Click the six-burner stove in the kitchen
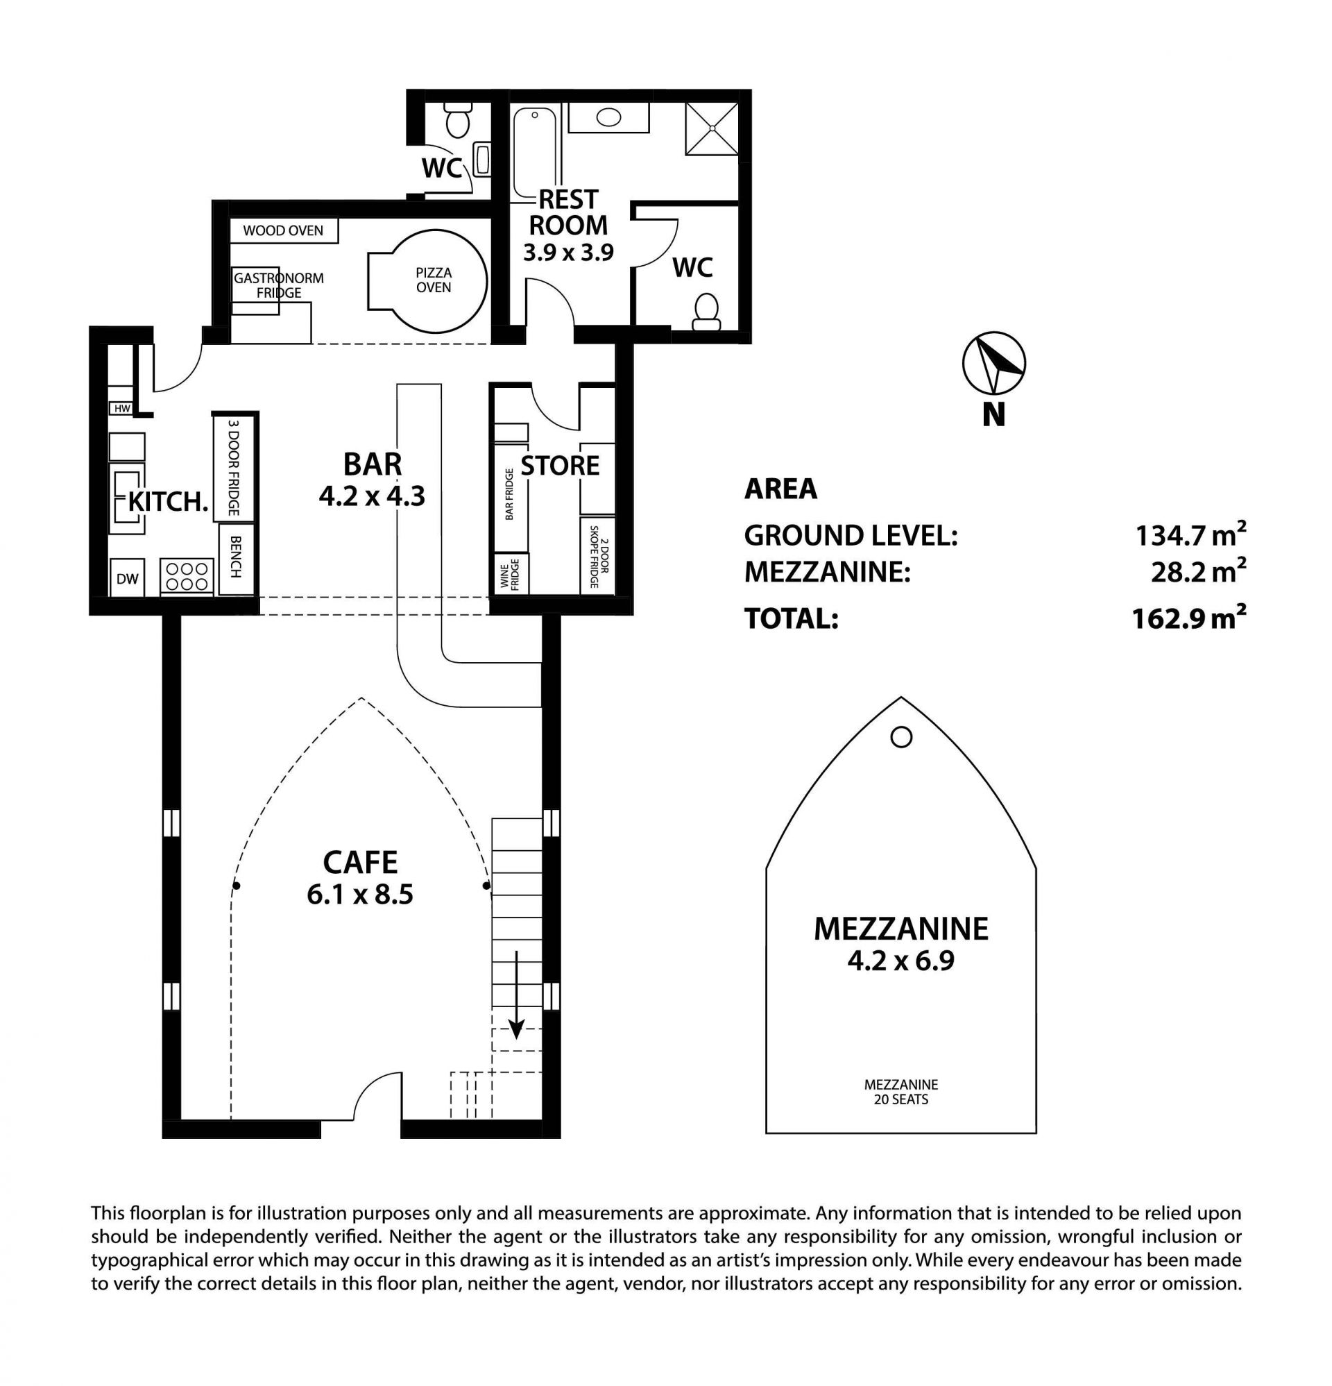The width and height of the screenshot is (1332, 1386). (187, 575)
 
